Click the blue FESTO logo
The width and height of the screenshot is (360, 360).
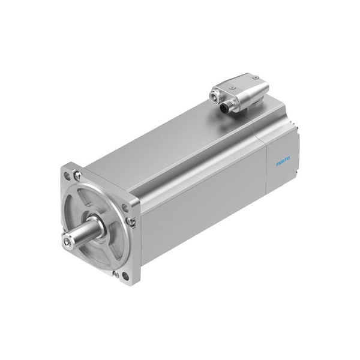click(283, 161)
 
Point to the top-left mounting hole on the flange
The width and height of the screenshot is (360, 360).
click(67, 176)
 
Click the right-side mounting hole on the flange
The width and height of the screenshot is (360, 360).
click(125, 208)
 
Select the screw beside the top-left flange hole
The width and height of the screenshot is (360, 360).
click(77, 175)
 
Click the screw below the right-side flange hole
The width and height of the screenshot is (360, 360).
click(131, 221)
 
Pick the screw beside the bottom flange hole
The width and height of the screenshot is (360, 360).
click(116, 274)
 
